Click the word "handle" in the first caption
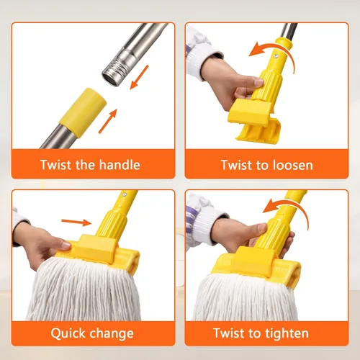click(x=120, y=165)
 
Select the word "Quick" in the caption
click(x=67, y=333)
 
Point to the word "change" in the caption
click(x=112, y=333)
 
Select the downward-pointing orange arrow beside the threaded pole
click(x=139, y=77)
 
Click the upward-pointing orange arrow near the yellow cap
click(x=108, y=121)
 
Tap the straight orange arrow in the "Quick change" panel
click(x=76, y=222)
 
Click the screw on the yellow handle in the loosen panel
click(x=276, y=56)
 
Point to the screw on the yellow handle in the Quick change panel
click(x=124, y=194)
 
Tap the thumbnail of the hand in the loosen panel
click(x=258, y=82)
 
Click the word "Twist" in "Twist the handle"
click(x=55, y=165)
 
